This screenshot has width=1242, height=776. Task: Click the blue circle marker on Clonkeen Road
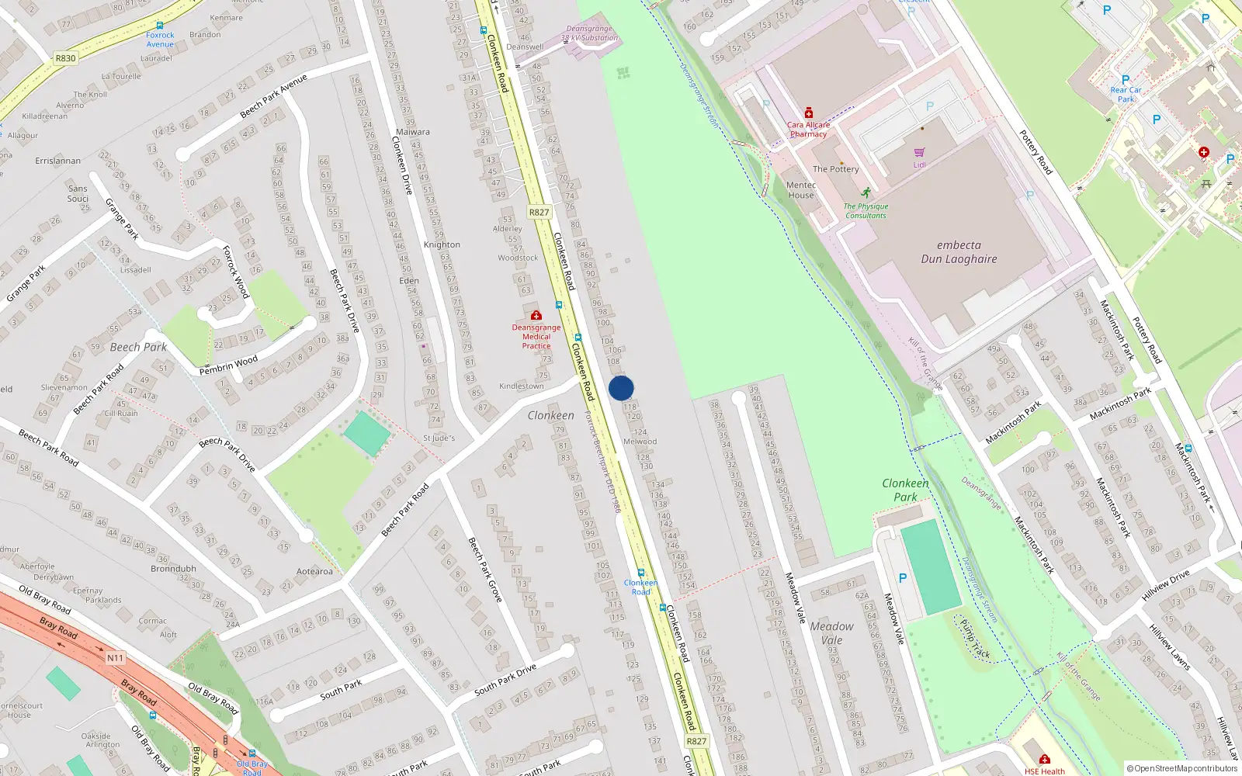click(621, 388)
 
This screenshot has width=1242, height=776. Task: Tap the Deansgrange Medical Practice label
click(536, 337)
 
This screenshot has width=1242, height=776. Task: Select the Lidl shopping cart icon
click(920, 152)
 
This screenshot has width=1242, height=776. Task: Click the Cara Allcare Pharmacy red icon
click(808, 113)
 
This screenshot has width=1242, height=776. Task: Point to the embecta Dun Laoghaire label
click(959, 252)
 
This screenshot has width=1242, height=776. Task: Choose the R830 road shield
click(65, 58)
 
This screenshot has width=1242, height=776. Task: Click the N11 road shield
click(115, 658)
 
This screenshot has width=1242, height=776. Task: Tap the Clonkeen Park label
click(905, 490)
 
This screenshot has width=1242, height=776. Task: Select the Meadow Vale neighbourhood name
click(831, 633)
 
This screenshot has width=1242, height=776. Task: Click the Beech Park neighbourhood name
click(138, 347)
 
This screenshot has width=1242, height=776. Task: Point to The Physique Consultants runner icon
click(866, 192)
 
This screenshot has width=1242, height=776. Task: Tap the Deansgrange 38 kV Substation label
click(589, 33)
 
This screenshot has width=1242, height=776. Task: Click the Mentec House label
click(801, 190)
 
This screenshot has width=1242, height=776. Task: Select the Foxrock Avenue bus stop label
click(160, 40)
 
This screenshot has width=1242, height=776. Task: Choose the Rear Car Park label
click(1126, 95)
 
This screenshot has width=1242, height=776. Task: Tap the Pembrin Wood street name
click(228, 365)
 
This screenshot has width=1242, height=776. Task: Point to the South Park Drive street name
click(505, 680)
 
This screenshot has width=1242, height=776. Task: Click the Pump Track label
click(975, 639)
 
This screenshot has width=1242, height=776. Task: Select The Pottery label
click(835, 169)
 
